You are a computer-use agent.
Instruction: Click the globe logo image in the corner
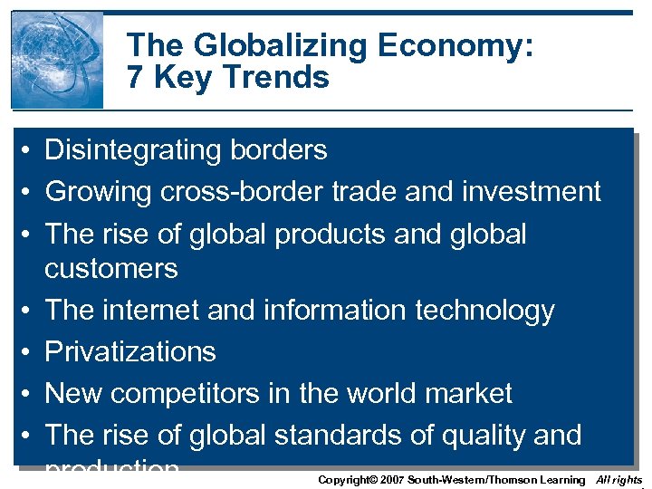[x=56, y=60]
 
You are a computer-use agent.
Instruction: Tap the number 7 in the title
[x=137, y=78]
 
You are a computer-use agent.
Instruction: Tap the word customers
[x=111, y=269]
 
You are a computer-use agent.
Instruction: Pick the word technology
[x=484, y=311]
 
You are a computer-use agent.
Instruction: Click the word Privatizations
[x=130, y=352]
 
